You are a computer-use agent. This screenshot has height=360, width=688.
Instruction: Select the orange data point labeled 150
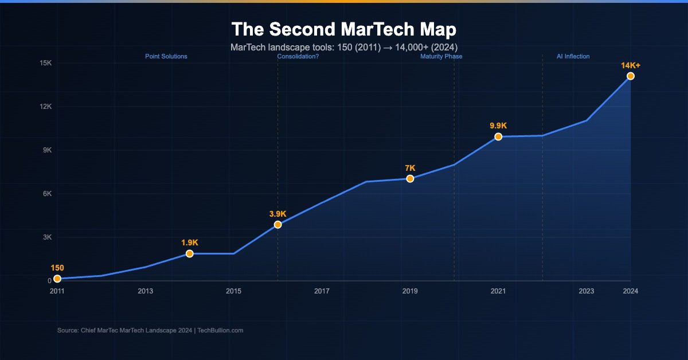tap(57, 279)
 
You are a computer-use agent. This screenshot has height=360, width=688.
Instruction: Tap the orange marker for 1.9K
tap(189, 253)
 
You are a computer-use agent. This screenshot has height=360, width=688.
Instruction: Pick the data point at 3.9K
tap(277, 225)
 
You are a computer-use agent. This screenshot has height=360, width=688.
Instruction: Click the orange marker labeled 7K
tap(410, 179)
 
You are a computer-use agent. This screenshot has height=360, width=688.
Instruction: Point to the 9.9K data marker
tap(498, 136)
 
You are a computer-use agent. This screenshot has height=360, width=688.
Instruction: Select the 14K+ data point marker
tap(630, 76)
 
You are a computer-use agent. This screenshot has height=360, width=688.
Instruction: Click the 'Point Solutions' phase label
tap(166, 57)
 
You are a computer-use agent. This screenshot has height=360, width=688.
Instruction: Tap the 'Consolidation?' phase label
tap(298, 57)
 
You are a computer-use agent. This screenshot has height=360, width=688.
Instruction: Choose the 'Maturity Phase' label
tap(441, 57)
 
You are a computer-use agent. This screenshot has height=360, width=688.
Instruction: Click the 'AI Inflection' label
tap(573, 57)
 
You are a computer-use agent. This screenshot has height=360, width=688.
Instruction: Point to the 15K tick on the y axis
tap(46, 63)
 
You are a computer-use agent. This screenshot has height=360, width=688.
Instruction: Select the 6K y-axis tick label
tap(47, 194)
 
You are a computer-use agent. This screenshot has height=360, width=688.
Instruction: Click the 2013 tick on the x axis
tap(145, 291)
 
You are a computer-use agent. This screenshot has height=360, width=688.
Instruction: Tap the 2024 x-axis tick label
tap(630, 291)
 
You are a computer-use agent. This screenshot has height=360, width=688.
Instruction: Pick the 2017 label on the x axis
tap(322, 291)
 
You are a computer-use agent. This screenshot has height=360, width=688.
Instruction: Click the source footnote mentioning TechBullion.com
tap(150, 330)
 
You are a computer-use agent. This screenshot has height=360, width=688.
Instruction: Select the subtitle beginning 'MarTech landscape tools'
tap(344, 47)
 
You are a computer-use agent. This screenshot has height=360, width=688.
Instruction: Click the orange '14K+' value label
tap(630, 65)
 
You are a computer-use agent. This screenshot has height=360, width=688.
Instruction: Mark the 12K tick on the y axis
tap(46, 107)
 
